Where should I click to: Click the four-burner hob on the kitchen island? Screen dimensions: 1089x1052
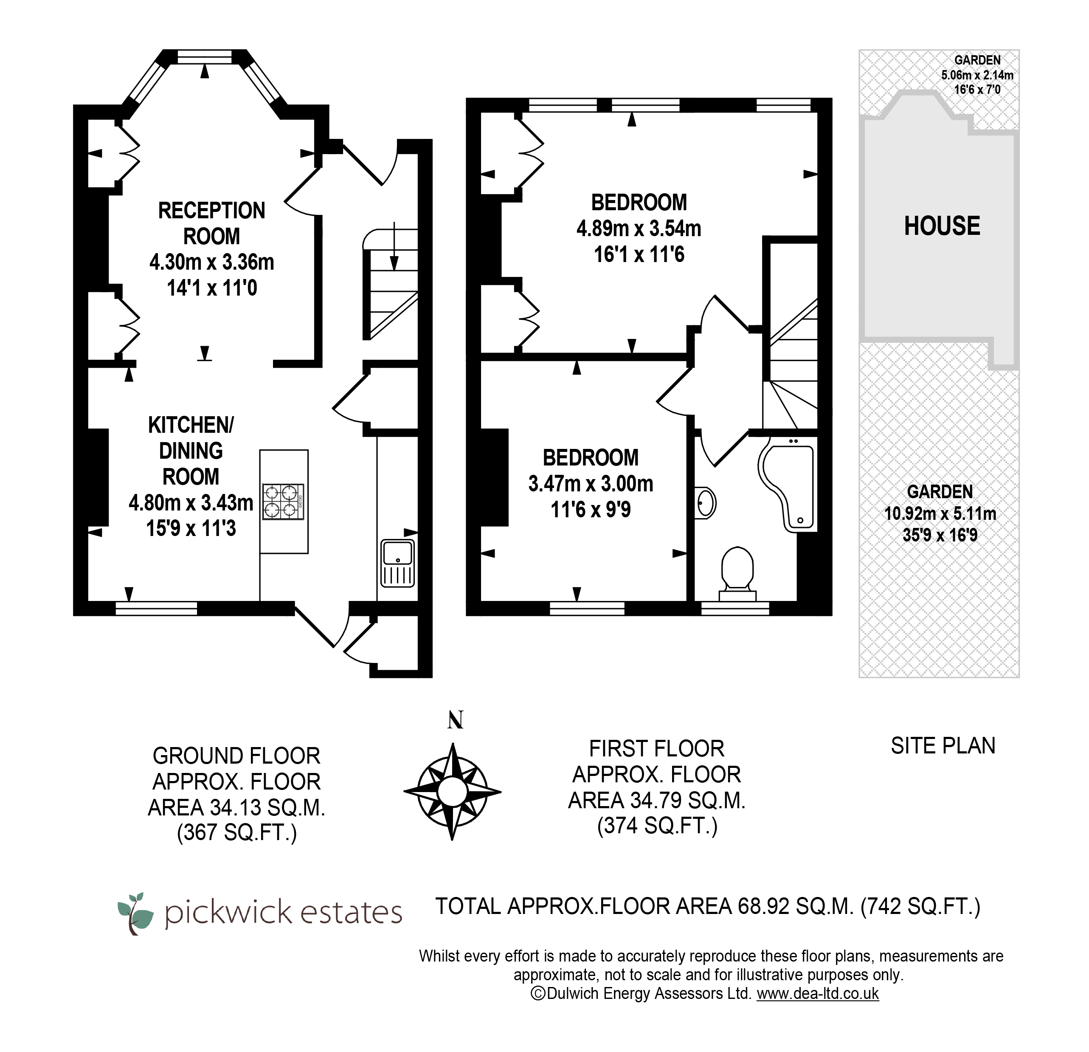[283, 502]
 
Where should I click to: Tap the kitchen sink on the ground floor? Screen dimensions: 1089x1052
[398, 563]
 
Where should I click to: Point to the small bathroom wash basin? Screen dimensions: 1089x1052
[705, 503]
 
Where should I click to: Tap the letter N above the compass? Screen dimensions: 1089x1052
[456, 720]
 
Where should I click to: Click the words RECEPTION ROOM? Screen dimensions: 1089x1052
[212, 223]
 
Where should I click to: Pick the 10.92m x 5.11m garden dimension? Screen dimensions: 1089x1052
[940, 513]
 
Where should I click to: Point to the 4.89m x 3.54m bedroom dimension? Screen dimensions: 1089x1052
[639, 228]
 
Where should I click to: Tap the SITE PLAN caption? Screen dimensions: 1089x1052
[943, 746]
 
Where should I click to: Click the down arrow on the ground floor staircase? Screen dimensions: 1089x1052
[394, 246]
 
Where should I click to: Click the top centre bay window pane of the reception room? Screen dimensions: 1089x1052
[205, 56]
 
